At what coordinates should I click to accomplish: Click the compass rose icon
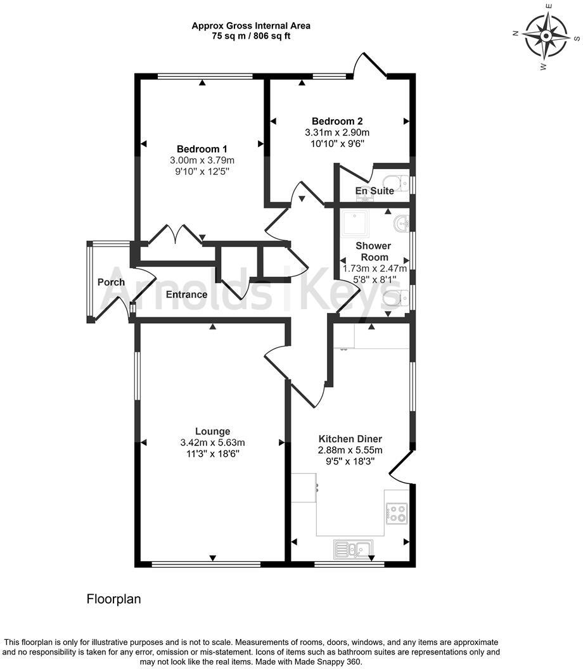[546, 35]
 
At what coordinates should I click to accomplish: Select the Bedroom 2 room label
[337, 121]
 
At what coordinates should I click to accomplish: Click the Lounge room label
[212, 431]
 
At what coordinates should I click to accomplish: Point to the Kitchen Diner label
[350, 438]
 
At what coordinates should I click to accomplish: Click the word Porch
[111, 282]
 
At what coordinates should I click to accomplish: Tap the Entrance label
[186, 295]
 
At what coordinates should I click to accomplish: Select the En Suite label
[375, 191]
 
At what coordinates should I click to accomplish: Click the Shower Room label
[373, 252]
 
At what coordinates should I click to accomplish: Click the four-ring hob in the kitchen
[397, 513]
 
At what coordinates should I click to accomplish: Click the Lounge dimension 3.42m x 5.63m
[212, 442]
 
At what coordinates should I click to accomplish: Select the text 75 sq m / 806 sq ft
[251, 36]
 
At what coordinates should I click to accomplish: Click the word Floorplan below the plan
[113, 599]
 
